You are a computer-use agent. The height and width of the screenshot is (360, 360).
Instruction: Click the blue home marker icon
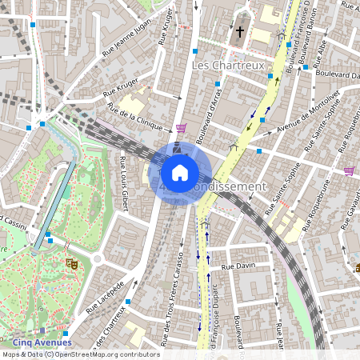point(179,172)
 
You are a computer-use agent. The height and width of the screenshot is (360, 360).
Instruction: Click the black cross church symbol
point(240,32)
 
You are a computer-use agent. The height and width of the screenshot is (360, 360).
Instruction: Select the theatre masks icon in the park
point(71,261)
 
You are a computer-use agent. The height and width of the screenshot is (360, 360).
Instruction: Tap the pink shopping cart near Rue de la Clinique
point(182,128)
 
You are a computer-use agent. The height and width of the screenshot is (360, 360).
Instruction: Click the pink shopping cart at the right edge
point(349,170)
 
